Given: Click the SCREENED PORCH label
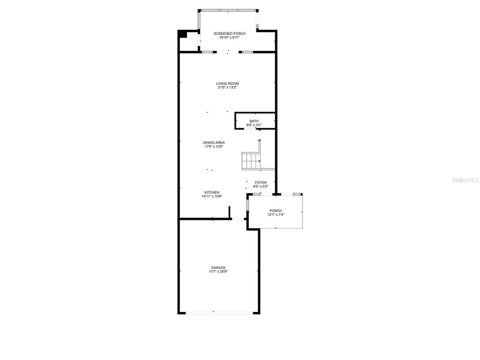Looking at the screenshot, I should coord(229,33).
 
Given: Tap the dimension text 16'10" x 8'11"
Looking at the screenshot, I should coord(229,37).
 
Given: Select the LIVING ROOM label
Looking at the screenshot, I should coord(227,84).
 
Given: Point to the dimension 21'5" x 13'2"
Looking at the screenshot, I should coord(227,87).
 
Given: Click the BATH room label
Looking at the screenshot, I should coord(254,121).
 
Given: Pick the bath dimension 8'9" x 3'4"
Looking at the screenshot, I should coord(254,125).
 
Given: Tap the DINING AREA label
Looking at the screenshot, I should coord(214,142).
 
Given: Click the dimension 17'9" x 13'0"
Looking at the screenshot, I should coord(214,147).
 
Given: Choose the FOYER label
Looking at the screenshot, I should coord(261,183).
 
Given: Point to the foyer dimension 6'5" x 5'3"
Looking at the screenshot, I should coord(261,186).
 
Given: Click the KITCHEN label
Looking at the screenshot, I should coord(212,192).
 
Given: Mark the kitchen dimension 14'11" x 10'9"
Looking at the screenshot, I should coord(212,196).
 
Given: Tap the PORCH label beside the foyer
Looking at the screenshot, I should coord(276,211).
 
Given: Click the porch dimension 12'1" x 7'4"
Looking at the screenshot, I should coord(276,215).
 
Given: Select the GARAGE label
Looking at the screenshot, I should coord(218,268).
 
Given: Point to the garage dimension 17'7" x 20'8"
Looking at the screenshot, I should coord(218,271).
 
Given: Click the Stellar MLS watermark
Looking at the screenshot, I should coord(465,180).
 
